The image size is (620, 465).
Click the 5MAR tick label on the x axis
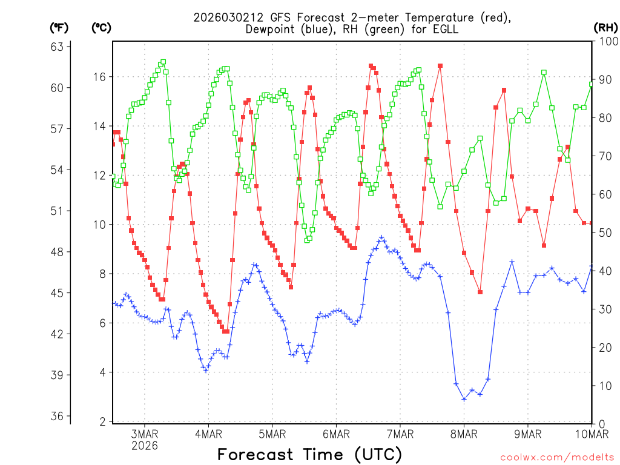pos(272,434)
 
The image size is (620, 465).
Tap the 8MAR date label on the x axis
pos(464,434)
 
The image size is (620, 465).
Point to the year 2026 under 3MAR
pos(145,446)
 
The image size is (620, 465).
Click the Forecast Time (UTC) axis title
pos(309,454)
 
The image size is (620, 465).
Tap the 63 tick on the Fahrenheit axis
pos(59,47)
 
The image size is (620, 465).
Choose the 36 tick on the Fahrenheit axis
pos(59,417)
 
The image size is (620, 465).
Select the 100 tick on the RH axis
pos(605,41)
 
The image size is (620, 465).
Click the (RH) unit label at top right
pos(605,27)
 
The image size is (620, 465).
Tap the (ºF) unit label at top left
pos(59,27)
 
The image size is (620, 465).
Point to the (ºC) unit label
pos(101,27)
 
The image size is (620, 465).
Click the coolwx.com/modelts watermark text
pos(557,457)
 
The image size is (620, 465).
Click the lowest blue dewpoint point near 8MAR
pos(464,399)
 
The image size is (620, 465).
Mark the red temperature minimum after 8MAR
pos(480,292)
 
